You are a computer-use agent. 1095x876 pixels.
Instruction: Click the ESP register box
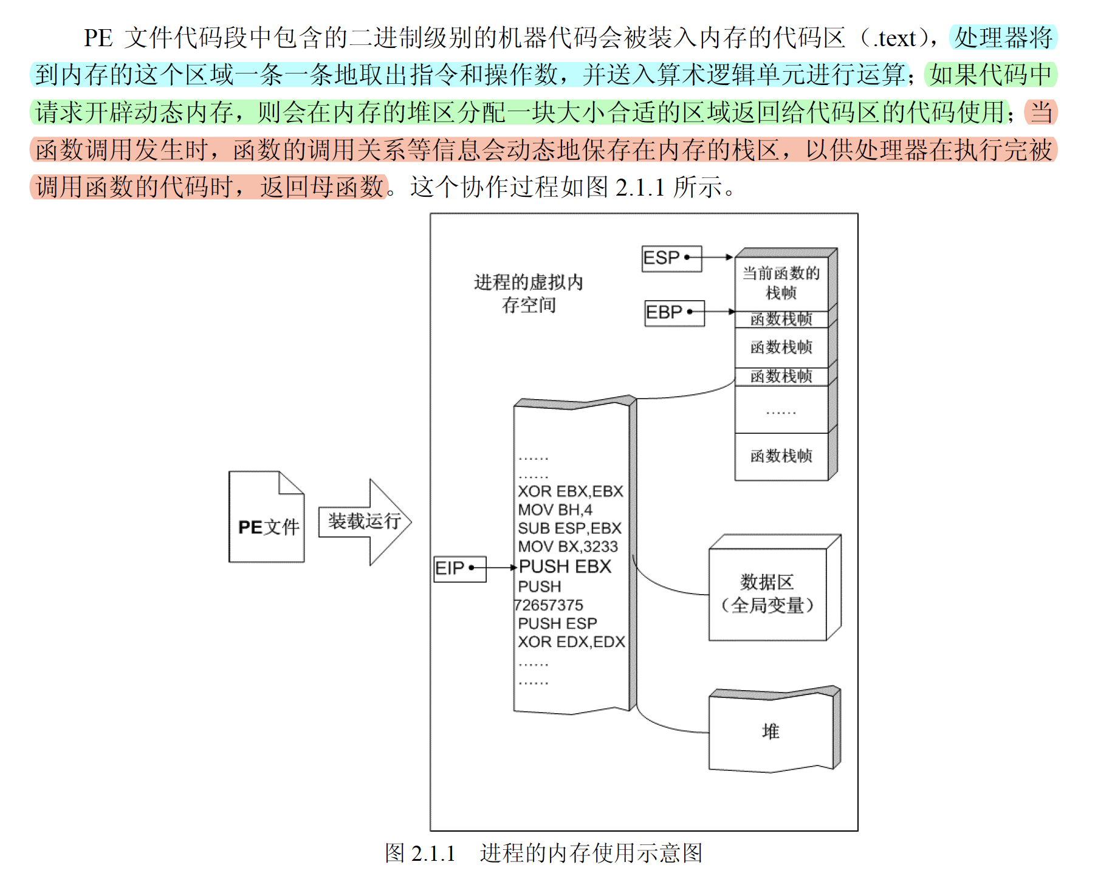pos(671,258)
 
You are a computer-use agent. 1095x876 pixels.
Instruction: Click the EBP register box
pos(675,313)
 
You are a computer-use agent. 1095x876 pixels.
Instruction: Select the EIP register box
pos(459,569)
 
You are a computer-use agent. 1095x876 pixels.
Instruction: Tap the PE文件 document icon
pos(266,518)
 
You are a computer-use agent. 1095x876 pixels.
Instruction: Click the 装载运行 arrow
pos(365,522)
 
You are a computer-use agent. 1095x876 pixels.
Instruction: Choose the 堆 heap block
pos(771,731)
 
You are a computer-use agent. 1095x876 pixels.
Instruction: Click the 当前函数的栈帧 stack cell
pos(781,283)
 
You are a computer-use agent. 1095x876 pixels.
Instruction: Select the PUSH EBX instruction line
pos(565,567)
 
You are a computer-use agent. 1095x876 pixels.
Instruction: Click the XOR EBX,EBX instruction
pos(570,491)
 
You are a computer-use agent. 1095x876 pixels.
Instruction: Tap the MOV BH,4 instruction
pos(555,510)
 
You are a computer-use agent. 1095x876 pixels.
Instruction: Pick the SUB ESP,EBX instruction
pos(569,529)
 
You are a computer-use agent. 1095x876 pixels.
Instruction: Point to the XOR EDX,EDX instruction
pos(571,642)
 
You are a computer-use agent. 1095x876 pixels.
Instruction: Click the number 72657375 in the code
pos(549,605)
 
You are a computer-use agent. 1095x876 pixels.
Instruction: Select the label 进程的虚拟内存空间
pos(528,293)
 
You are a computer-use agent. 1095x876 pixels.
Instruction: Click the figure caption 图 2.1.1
pos(420,854)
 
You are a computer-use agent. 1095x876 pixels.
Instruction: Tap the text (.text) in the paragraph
pos(893,38)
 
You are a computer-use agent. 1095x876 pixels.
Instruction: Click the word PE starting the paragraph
pos(98,38)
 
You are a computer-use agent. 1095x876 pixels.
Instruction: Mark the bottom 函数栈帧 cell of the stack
pos(781,456)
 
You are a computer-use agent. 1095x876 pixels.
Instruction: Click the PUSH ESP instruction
pos(557,624)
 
